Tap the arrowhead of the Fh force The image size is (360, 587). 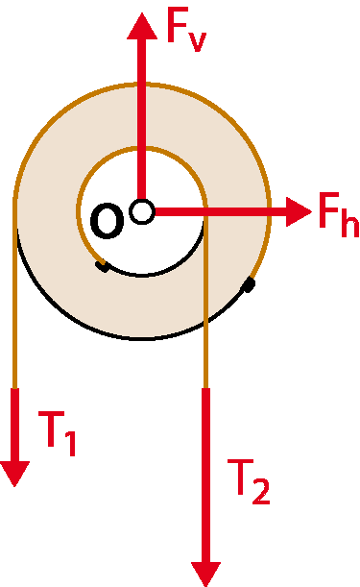[299, 211]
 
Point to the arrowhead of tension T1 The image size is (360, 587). [14, 474]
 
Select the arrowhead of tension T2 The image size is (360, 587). [205, 574]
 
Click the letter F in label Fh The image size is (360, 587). [329, 209]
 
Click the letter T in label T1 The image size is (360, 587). [51, 429]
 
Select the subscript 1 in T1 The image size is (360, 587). [71, 443]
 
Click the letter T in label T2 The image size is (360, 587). [241, 477]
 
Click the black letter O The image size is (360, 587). [107, 221]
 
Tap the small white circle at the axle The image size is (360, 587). [142, 212]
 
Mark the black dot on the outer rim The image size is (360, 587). [249, 284]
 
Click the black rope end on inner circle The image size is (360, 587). [103, 266]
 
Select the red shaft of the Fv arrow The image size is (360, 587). [142, 119]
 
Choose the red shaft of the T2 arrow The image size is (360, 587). [205, 475]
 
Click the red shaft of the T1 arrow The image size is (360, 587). [14, 425]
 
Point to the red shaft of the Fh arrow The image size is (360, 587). [221, 212]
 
